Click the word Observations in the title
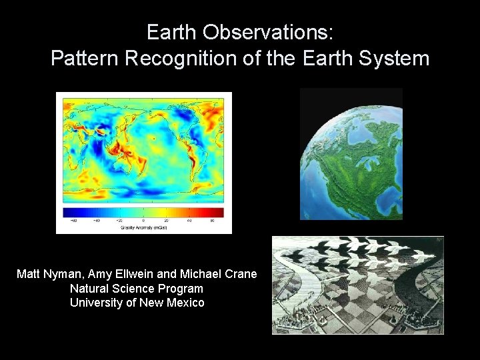[270, 32]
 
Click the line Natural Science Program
[137, 289]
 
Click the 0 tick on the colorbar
[143, 220]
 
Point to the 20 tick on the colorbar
[166, 220]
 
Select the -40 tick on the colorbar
[97, 220]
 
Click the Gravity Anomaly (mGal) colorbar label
[143, 227]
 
